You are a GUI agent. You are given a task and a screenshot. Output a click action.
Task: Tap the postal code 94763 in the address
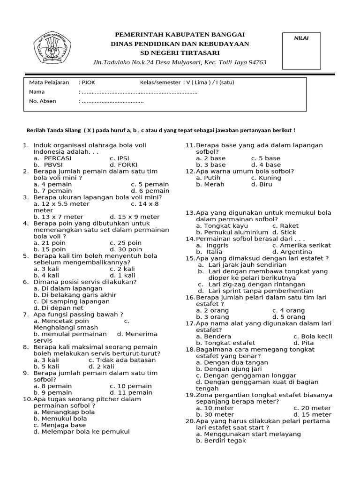point(255,62)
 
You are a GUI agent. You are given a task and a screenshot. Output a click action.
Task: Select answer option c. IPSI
point(120,158)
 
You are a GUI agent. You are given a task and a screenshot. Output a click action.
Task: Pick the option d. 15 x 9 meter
point(135,217)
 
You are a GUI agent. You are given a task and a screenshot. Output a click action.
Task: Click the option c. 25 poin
point(126,243)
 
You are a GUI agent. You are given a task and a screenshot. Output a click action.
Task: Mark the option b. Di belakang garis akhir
point(75,295)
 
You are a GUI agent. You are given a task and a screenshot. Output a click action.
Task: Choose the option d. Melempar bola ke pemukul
point(82,431)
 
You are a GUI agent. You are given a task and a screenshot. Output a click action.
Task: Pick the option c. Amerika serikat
point(301,245)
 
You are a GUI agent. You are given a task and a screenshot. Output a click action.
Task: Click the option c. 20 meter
point(312,408)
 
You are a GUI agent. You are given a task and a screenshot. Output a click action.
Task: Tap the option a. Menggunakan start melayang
point(248,434)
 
